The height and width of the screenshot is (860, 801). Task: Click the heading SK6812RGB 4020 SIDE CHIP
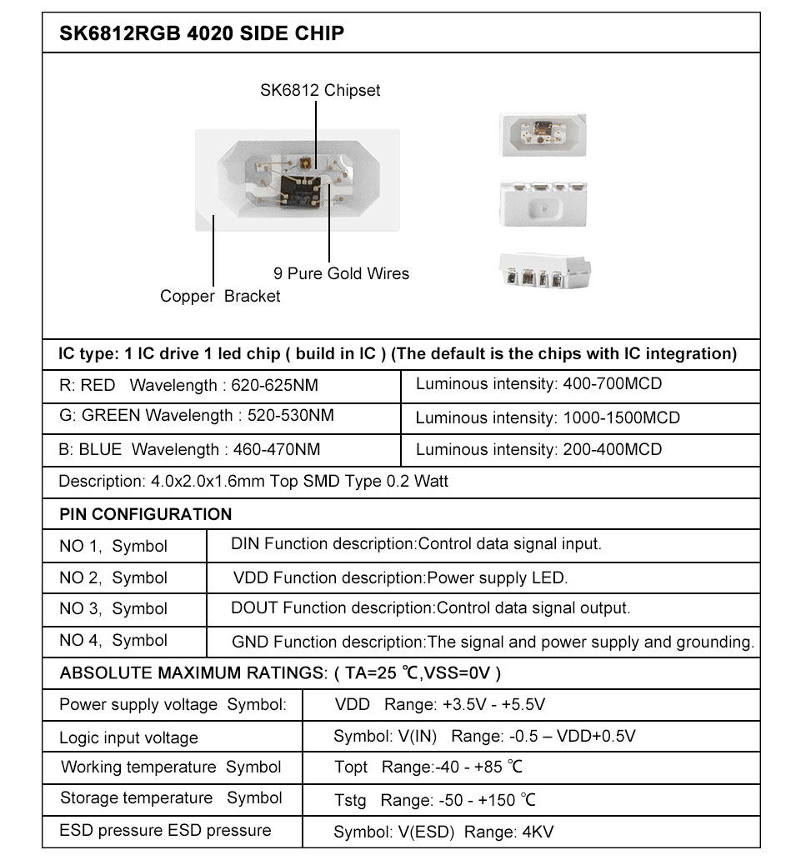(202, 34)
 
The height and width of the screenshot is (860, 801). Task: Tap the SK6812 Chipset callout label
(320, 90)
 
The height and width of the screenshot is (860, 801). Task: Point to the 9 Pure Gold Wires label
(342, 273)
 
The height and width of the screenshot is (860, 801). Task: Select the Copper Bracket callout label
(220, 296)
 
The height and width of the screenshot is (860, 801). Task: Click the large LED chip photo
(298, 179)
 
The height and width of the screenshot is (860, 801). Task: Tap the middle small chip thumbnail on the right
(543, 202)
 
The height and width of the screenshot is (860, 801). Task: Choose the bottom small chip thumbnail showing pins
(543, 272)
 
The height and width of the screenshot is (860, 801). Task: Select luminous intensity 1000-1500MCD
(622, 417)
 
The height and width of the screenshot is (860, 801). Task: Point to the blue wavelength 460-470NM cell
(277, 450)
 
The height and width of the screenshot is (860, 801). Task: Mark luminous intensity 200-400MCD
(613, 450)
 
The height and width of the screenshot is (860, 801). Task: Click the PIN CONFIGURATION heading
(146, 514)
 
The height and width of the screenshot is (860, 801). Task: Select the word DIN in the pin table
(245, 544)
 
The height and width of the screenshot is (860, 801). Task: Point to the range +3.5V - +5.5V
(493, 705)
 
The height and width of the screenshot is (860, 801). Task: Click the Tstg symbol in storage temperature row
(350, 800)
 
